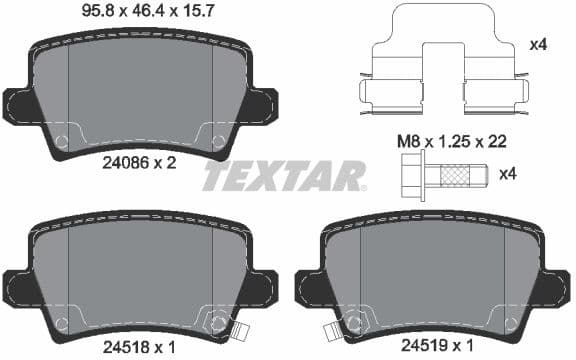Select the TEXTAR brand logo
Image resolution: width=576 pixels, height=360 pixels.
[x=284, y=176]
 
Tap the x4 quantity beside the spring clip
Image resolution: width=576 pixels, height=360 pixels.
[x=537, y=45]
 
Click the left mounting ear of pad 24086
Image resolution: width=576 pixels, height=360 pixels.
[x=20, y=103]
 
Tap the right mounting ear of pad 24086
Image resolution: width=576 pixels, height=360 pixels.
[x=262, y=103]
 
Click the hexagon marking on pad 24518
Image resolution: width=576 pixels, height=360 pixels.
[x=215, y=323]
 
